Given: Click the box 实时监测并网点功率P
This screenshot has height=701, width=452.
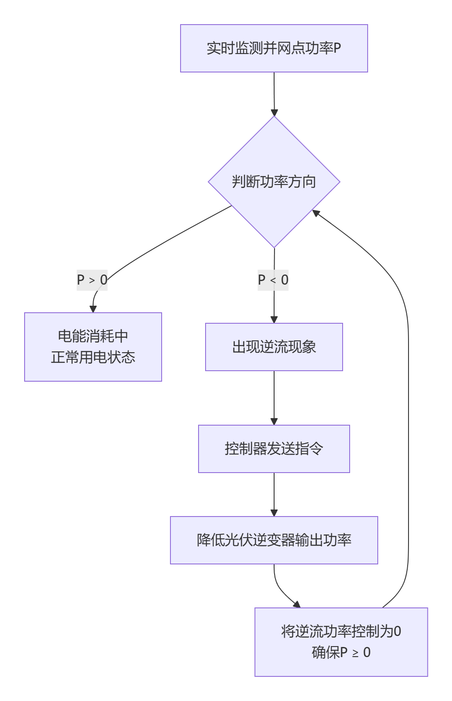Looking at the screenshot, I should coord(274,48).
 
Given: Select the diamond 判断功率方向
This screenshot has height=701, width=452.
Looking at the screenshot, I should coord(274,182).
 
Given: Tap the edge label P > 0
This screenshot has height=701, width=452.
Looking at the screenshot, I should coord(92,280).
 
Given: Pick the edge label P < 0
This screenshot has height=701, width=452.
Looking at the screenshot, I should coord(273,280).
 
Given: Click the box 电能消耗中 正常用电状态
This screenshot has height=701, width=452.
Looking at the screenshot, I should coord(93,347).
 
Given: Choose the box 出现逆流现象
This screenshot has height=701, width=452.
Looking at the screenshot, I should coord(274,347).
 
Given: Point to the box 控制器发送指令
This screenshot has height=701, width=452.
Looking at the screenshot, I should coord(274,448).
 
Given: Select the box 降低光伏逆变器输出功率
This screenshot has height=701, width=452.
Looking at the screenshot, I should coord(274,540).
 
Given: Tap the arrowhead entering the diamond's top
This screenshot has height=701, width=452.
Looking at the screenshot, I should coord(274,112).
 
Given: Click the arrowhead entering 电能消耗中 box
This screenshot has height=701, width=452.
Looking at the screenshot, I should coord(93,309).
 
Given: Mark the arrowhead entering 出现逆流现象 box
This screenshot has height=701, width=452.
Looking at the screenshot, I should coord(274,320).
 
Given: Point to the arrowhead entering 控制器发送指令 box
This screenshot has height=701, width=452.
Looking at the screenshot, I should coord(274,422).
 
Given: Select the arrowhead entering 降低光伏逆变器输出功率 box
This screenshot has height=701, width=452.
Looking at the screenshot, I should coord(274,513).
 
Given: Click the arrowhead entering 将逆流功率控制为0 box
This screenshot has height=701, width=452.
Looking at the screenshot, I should coord(297,605).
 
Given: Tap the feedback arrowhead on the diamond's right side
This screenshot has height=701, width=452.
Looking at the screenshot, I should coord(315,213).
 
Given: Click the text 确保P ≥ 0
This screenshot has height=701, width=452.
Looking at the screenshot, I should coord(341,653).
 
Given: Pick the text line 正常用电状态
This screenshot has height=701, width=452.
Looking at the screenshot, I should coord(93,358).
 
